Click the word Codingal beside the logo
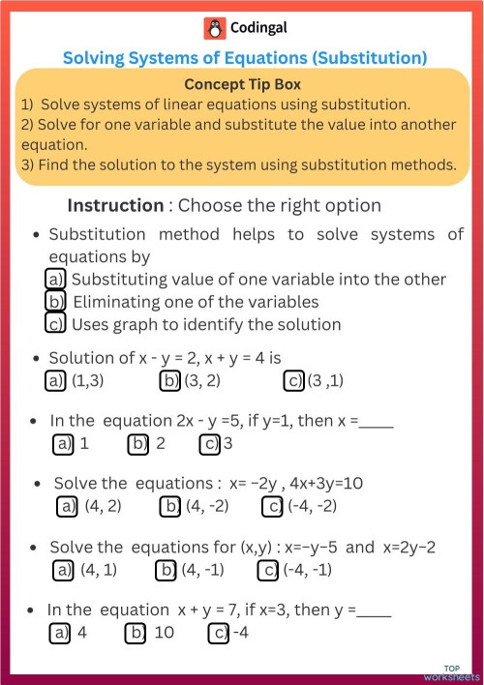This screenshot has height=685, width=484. point(257,29)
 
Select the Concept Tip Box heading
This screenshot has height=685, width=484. point(242,84)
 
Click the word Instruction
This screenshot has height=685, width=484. point(115,205)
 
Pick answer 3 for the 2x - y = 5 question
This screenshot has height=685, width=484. point(227,444)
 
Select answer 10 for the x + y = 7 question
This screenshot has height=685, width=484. point(163,633)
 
